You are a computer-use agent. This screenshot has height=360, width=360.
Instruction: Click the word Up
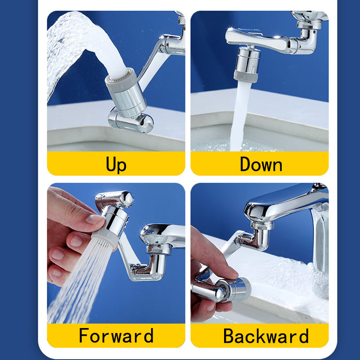pyautogui.click(x=116, y=164)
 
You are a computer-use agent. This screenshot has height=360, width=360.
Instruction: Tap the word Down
pyautogui.click(x=261, y=164)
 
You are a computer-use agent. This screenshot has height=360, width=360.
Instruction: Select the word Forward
pyautogui.click(x=116, y=336)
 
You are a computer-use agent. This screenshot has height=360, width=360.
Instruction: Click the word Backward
pyautogui.click(x=266, y=336)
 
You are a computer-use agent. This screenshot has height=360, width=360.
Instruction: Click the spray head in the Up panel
pyautogui.click(x=126, y=92)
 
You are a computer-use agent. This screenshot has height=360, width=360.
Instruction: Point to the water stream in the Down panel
pyautogui.click(x=239, y=117)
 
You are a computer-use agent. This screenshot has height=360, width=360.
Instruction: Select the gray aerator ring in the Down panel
pyautogui.click(x=246, y=76)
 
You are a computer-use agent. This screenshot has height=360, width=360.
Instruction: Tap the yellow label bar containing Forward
pyautogui.click(x=116, y=336)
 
